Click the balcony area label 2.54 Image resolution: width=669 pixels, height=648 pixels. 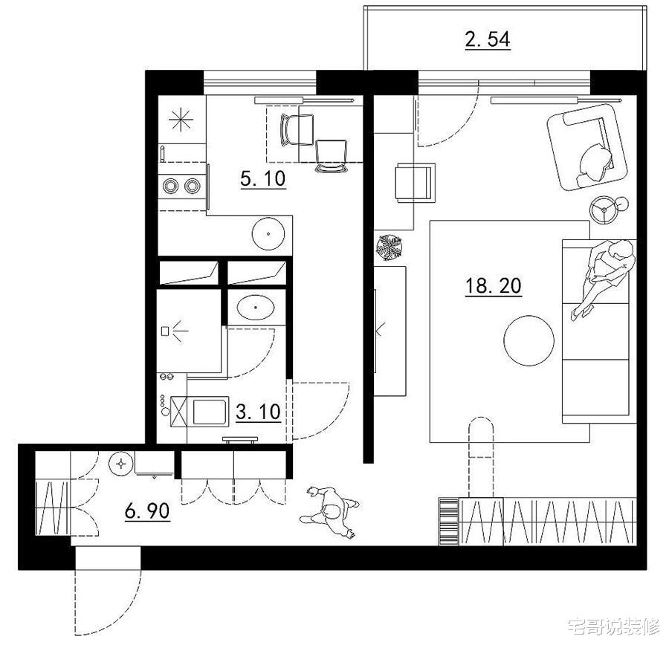point(487,39)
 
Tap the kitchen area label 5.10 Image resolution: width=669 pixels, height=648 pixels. point(263,178)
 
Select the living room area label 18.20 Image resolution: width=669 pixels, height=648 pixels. point(494,285)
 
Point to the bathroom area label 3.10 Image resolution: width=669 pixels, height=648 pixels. point(258,412)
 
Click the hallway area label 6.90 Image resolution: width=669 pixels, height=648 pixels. point(147,511)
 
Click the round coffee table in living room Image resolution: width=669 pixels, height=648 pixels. point(529,340)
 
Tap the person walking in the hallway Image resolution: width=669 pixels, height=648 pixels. point(330,511)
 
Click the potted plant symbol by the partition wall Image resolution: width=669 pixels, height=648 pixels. point(389,247)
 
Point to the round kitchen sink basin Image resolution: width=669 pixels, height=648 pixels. point(268,234)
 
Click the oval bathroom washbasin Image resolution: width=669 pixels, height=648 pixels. point(256,307)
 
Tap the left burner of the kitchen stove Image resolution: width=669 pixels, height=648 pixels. point(171,186)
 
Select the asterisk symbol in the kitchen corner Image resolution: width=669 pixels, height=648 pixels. point(181,120)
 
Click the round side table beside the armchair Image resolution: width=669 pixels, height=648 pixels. point(604,210)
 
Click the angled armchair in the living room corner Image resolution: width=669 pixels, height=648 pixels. point(588,147)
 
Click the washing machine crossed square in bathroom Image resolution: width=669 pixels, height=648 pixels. point(178,412)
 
